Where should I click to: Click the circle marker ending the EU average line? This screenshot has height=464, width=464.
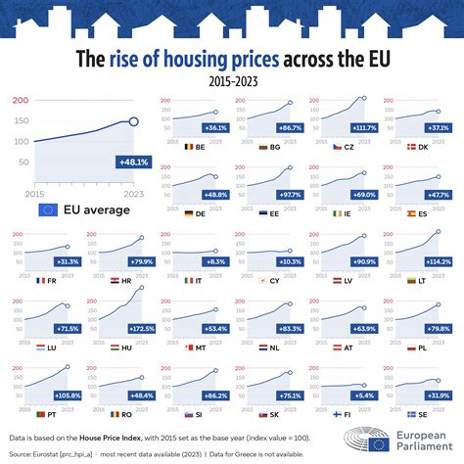(x=134, y=122)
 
